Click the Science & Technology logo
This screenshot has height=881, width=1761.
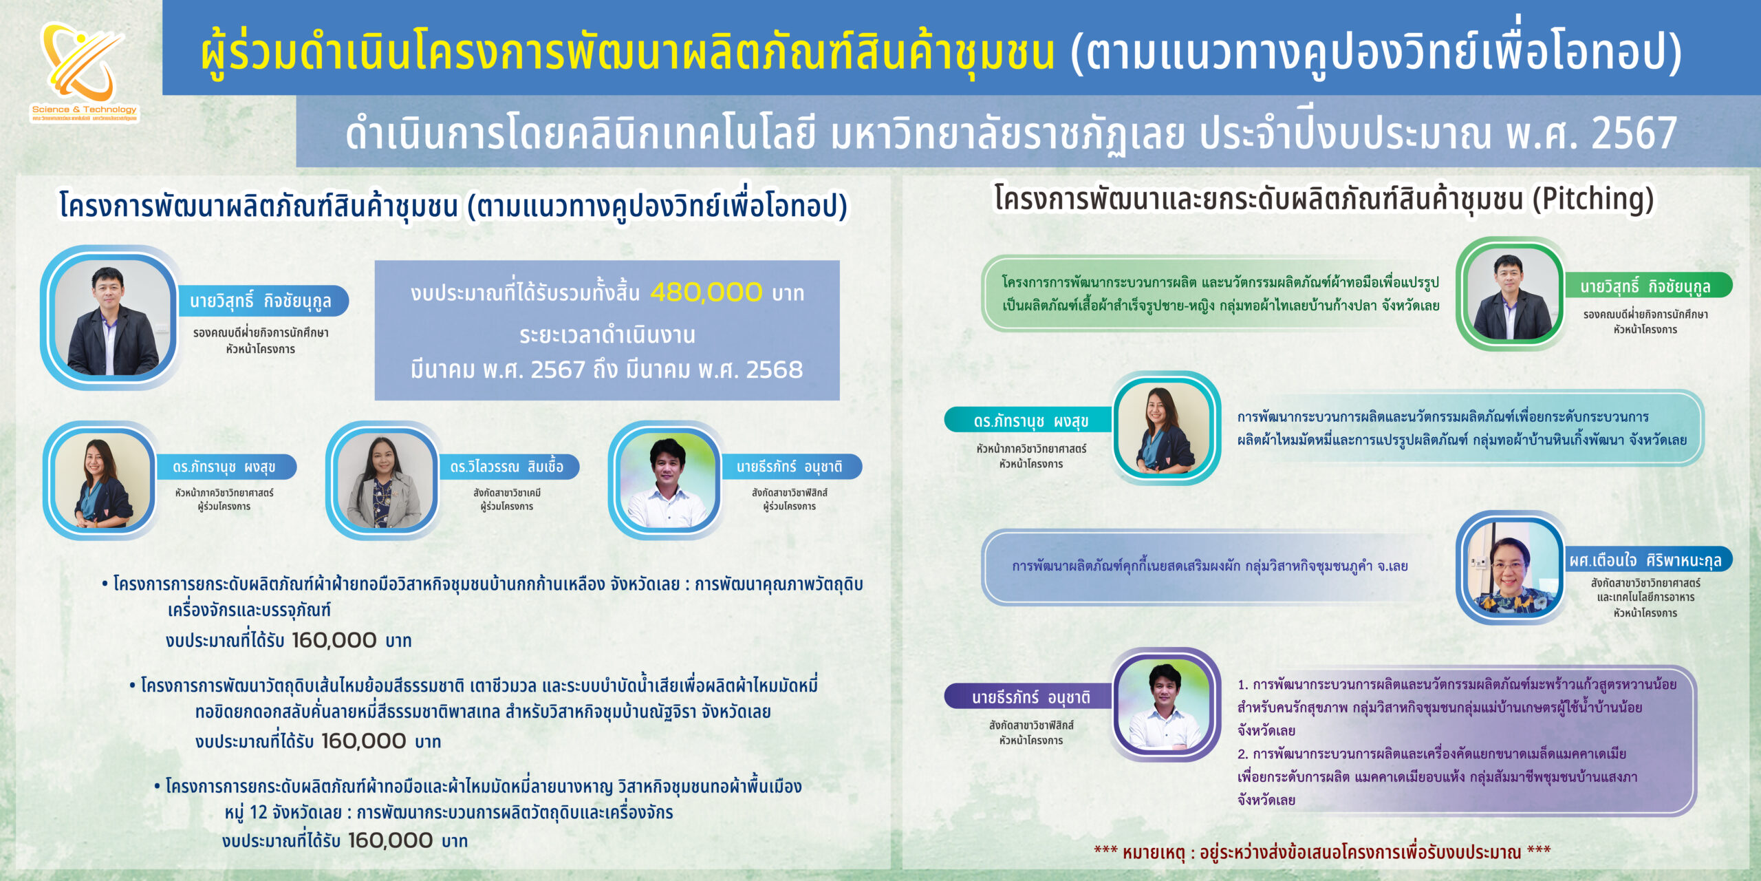tap(84, 72)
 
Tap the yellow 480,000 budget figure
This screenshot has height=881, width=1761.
tap(706, 293)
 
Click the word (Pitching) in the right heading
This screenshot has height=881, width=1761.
tap(1592, 199)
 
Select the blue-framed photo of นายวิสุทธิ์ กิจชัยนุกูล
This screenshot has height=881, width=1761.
tap(112, 318)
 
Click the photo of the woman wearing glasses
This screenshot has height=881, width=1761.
tap(1510, 567)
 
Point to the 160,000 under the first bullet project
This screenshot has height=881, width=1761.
tap(334, 640)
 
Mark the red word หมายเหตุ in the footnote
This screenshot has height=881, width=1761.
tap(1154, 853)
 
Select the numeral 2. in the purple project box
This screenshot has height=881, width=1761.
tap(1242, 754)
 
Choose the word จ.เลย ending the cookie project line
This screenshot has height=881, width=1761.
tap(1392, 566)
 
